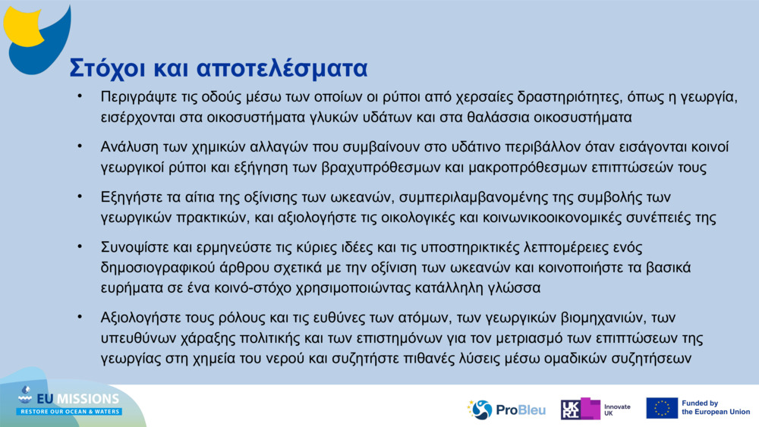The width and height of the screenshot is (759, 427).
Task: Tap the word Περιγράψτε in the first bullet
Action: click(136, 97)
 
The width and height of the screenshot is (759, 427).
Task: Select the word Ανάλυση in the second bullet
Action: click(129, 146)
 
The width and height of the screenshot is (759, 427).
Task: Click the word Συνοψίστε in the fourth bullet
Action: click(134, 247)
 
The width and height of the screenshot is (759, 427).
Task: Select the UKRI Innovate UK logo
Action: click(595, 410)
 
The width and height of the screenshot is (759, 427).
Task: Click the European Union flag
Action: click(662, 408)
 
